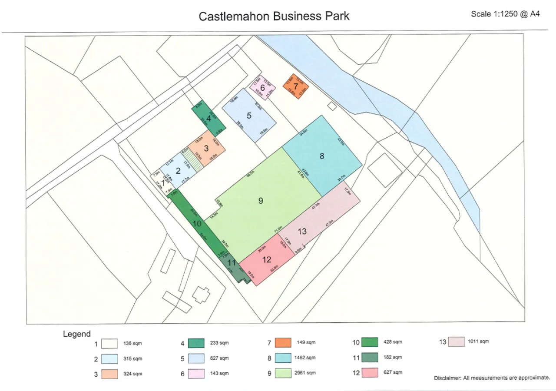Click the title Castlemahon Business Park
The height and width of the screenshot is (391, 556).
274,17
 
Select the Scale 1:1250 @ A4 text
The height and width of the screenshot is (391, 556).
505,14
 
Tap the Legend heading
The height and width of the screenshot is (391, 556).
77,334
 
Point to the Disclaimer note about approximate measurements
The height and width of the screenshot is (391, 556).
492,378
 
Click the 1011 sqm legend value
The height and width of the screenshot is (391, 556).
479,341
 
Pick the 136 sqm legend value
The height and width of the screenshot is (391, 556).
133,344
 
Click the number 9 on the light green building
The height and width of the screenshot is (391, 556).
261,200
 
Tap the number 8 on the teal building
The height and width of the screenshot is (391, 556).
322,156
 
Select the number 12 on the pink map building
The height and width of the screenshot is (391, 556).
267,260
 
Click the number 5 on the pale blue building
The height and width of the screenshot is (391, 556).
249,116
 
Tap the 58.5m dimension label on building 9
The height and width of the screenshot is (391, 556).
250,174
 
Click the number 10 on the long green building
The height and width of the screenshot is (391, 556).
197,224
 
